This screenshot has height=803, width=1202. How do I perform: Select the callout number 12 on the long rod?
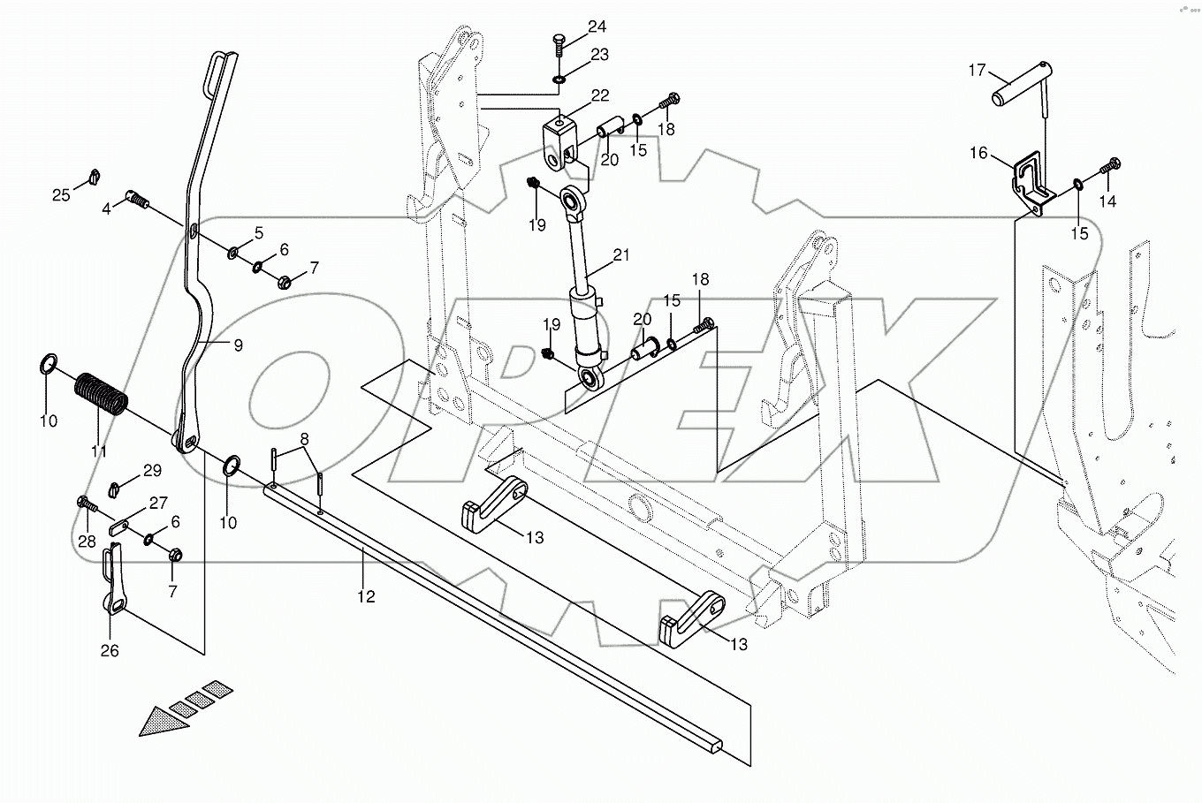[366, 597]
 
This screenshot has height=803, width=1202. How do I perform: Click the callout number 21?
[622, 256]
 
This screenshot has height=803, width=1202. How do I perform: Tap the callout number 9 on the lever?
[238, 346]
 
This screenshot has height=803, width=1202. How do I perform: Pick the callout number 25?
[60, 194]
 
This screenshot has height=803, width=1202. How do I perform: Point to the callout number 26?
[110, 651]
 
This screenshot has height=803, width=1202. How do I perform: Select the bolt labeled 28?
[87, 506]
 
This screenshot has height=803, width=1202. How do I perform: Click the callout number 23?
[599, 55]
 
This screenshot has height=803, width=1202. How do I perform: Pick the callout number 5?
[258, 233]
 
